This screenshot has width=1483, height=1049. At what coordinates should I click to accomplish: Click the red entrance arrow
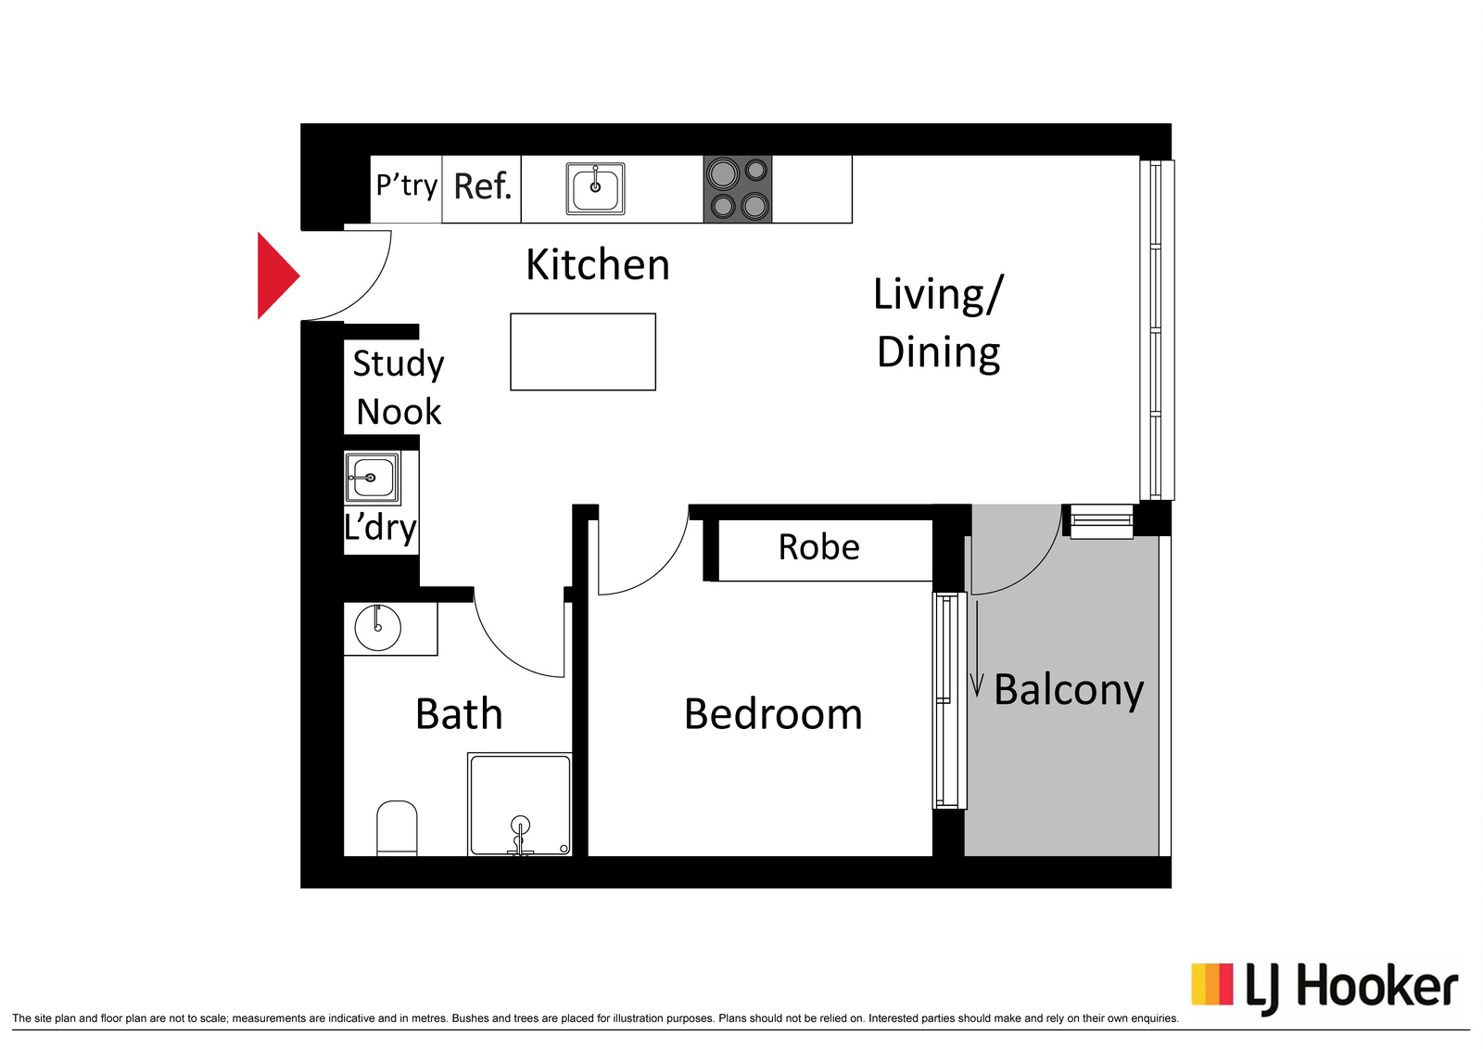pos(278,275)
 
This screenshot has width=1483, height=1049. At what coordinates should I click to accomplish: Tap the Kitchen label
pos(597,265)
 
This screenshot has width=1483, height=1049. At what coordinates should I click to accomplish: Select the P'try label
pos(407,185)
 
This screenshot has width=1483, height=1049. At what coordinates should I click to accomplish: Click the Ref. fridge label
pos(483,186)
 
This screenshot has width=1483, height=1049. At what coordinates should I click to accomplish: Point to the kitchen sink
pos(595,189)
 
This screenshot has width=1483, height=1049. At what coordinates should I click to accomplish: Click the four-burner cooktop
pos(738,189)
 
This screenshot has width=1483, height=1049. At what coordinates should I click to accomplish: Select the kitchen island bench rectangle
pos(583,352)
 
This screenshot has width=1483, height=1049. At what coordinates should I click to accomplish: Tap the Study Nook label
pos(398,388)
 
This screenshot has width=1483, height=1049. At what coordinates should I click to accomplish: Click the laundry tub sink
pos(372,478)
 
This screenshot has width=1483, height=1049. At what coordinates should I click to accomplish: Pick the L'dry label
pos(380,528)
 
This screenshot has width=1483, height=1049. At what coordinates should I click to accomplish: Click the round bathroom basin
pos(377,627)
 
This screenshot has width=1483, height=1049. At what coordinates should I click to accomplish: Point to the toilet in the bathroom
pos(397,827)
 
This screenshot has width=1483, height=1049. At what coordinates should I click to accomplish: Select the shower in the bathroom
pos(520,804)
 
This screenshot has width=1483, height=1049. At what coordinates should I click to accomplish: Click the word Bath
pos(459,713)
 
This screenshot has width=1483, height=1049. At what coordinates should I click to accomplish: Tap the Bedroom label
pos(773,714)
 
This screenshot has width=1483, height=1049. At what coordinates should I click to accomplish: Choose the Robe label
pos(819,547)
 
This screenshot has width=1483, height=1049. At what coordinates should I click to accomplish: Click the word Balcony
pos(1069,691)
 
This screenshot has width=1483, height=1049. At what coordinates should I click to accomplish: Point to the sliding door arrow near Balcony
pos(977,648)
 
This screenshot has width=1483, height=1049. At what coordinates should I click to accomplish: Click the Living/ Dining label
pos(938,324)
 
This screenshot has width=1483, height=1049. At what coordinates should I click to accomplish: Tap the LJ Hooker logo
pos(1325,989)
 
